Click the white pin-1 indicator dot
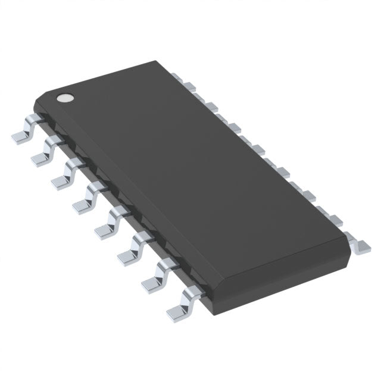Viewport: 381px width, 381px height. pyautogui.click(x=63, y=96)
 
